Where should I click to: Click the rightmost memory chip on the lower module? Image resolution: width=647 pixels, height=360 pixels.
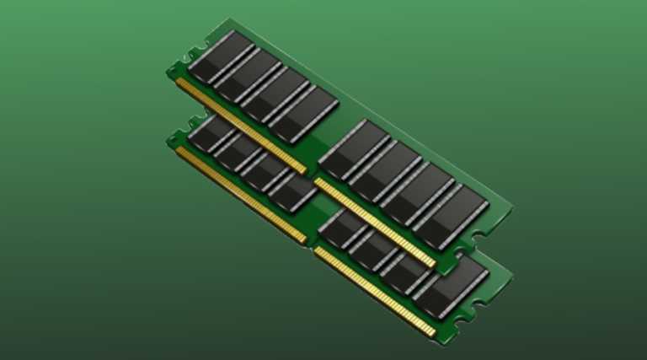[455, 282]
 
